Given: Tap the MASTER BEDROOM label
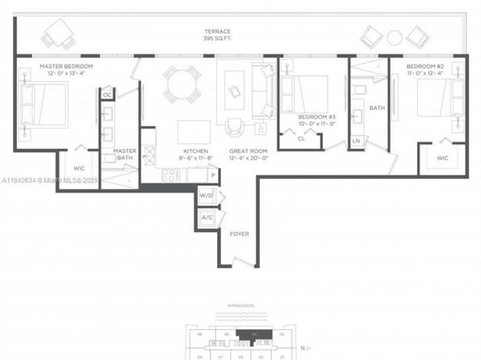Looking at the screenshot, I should (x=66, y=66).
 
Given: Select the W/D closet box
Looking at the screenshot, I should (x=206, y=196).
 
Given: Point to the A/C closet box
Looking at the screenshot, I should (x=206, y=217).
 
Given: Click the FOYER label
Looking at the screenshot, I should (x=239, y=235).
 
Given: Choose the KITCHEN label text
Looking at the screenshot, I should (x=197, y=151).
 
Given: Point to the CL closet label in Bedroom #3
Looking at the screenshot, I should (x=300, y=139).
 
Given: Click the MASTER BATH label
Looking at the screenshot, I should (x=125, y=155).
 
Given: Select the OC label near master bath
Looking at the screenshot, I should (x=106, y=95).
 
